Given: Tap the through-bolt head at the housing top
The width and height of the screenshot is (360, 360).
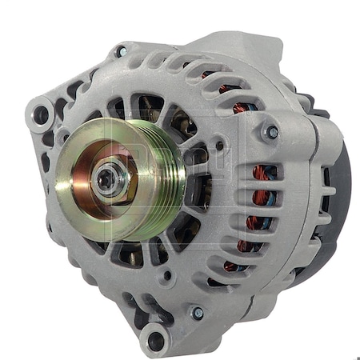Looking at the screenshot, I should coord(122,52).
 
